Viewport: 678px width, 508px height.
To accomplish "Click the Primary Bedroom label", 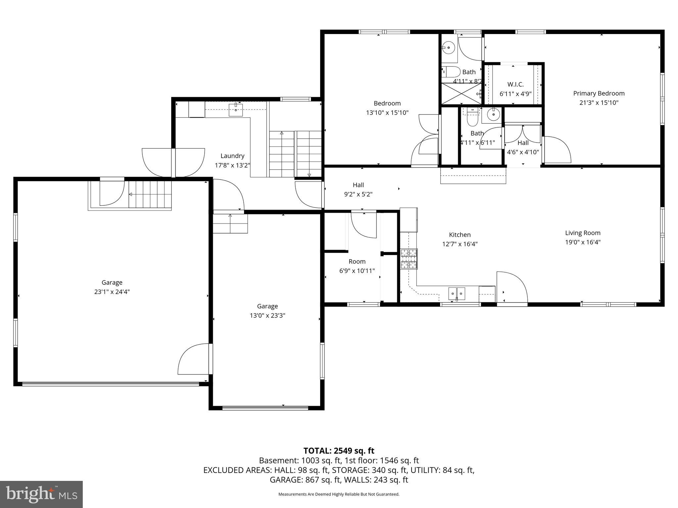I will tap(599, 94).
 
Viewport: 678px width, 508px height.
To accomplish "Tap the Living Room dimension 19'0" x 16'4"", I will tap(582, 242).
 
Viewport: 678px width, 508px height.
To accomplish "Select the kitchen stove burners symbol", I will tap(409, 259).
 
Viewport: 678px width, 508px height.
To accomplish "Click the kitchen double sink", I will tap(457, 293).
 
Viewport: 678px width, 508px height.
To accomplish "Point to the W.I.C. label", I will tap(515, 85).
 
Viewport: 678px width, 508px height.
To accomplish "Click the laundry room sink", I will tap(236, 109).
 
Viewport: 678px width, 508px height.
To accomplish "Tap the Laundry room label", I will tap(232, 156).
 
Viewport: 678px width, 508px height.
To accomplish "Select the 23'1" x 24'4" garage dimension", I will tap(112, 292).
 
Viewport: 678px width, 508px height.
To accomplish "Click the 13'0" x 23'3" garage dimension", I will tap(267, 316).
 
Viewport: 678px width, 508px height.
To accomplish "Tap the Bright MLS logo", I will tap(41, 494).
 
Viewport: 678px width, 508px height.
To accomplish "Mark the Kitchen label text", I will tap(460, 235).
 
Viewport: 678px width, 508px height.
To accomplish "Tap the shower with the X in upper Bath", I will tap(461, 94).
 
